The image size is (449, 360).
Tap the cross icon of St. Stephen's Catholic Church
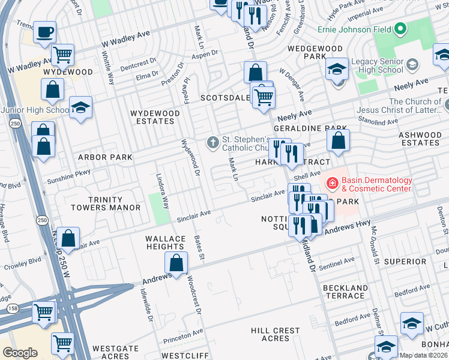coord(212,142)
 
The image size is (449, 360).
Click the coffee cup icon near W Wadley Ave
coord(44,31)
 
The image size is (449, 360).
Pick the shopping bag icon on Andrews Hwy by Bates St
coord(176,263)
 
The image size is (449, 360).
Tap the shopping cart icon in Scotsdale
coord(264,96)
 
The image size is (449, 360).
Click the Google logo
coord(20,352)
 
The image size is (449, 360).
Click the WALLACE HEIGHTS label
coord(166,242)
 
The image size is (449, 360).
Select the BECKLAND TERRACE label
coord(345,292)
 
